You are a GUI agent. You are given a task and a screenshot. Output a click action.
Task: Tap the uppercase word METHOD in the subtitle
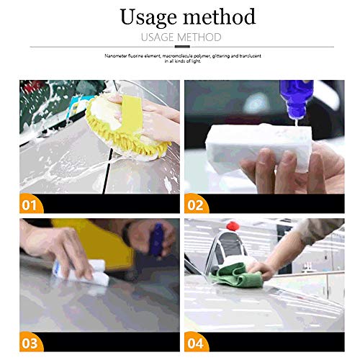click(197, 37)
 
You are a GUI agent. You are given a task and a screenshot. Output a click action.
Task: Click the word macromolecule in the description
click(184, 55)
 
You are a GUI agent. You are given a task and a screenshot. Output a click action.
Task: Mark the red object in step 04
click(233, 227)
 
